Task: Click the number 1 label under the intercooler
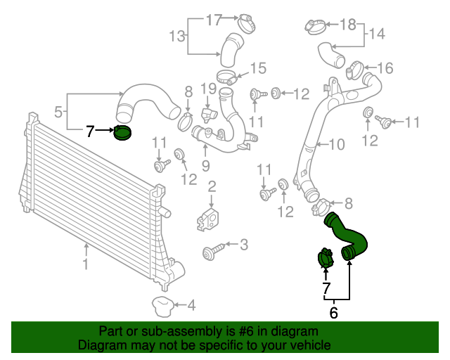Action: click(86, 265)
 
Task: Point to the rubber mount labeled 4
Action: click(162, 306)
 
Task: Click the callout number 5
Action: click(58, 111)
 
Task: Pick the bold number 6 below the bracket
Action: click(333, 312)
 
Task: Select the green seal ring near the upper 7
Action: click(123, 132)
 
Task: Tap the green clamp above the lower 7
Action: click(323, 258)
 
